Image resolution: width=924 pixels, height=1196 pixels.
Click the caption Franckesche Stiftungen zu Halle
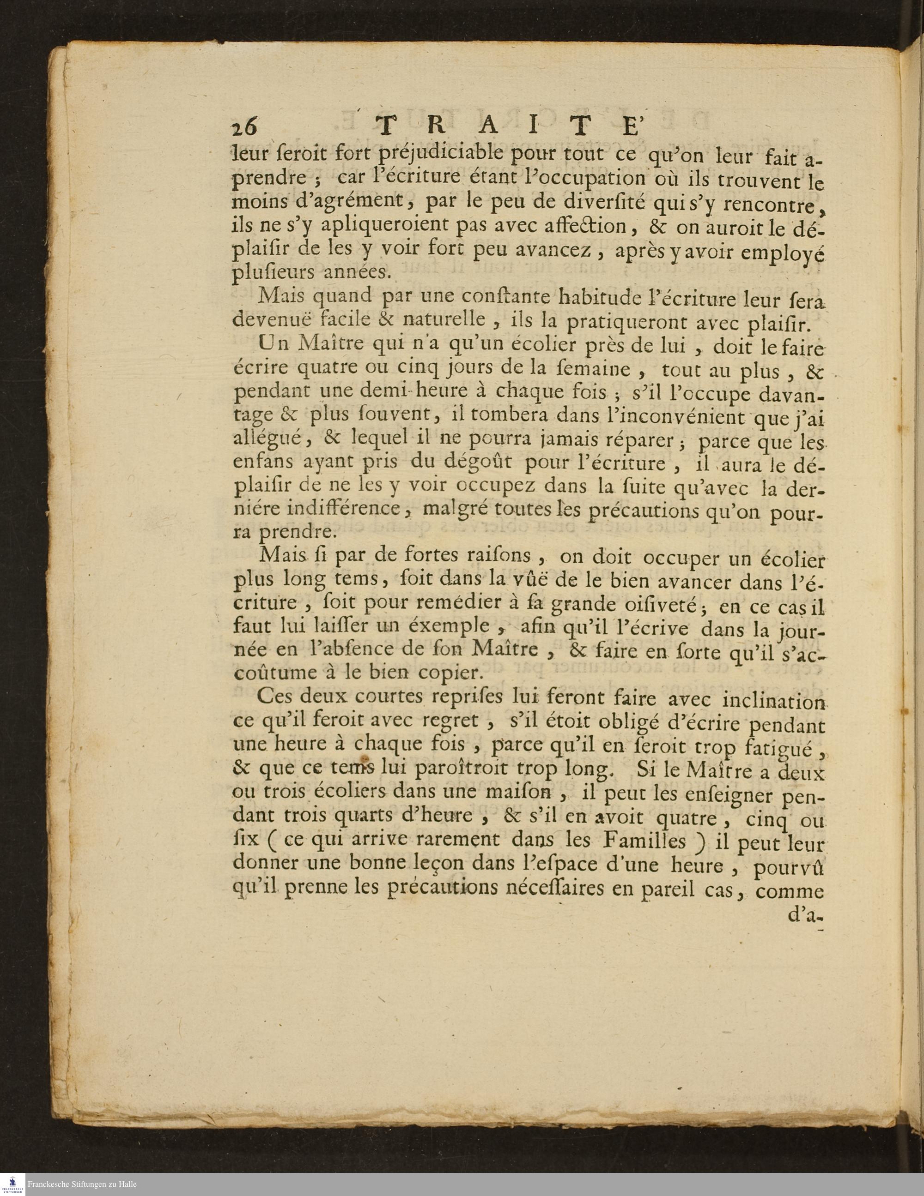[82, 1185]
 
